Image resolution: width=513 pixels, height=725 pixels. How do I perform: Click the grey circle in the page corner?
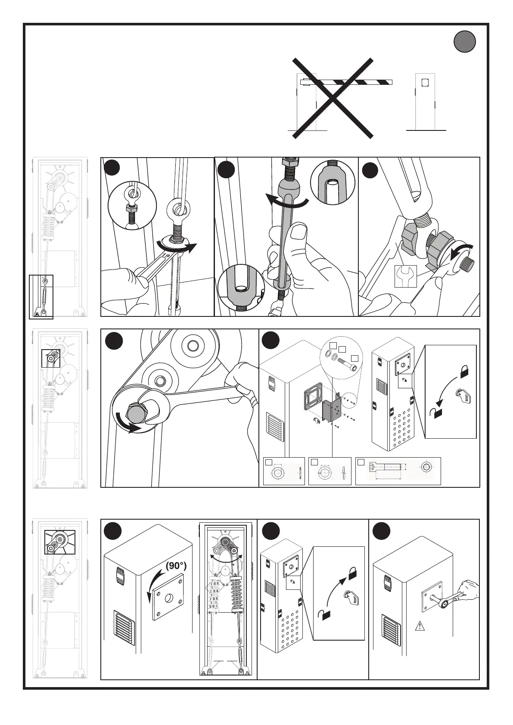(x=464, y=42)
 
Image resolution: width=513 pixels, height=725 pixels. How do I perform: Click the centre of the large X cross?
(x=333, y=98)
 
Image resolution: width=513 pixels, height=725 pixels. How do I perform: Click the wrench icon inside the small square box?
(x=405, y=276)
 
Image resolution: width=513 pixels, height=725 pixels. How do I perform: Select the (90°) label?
(x=175, y=565)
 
